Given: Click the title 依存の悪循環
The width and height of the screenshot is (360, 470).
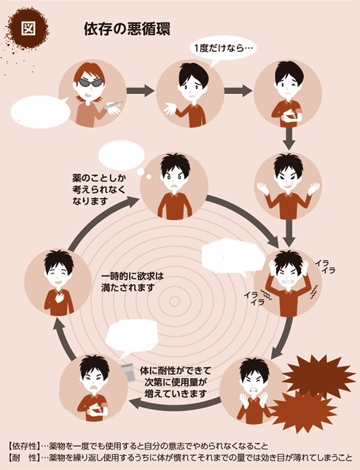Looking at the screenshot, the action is tap(127, 29).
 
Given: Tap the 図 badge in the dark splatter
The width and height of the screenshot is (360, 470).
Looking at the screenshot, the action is tap(28, 28).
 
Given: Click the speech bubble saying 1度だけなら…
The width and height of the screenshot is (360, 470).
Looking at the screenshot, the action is tap(223, 49).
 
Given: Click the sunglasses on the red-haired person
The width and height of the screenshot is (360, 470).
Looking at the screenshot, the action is tap(90, 82).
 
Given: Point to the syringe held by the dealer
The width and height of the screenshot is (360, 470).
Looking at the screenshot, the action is tap(113, 105).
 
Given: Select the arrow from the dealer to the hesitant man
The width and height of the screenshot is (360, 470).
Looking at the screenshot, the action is tap(140, 90).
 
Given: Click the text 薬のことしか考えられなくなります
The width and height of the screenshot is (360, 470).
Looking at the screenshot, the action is tap(99, 189).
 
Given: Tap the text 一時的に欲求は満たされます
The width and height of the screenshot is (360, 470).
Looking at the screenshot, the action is tap(132, 281).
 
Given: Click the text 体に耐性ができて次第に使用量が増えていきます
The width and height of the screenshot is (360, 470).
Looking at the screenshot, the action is tap(176, 382).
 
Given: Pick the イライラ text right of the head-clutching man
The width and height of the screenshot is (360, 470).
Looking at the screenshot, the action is tap(325, 267).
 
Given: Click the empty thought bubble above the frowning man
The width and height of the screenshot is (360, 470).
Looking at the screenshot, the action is tap(122, 155).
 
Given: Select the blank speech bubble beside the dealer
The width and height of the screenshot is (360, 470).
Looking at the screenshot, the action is tap(41, 111).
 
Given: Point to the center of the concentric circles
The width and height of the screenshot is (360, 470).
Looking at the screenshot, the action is tap(174, 301).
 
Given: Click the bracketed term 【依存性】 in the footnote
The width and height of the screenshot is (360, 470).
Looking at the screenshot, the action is tap(24, 447).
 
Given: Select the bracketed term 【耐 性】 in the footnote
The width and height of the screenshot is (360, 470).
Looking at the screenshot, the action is tap(24, 458).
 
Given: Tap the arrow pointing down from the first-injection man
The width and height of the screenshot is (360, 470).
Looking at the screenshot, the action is tap(289, 138).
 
